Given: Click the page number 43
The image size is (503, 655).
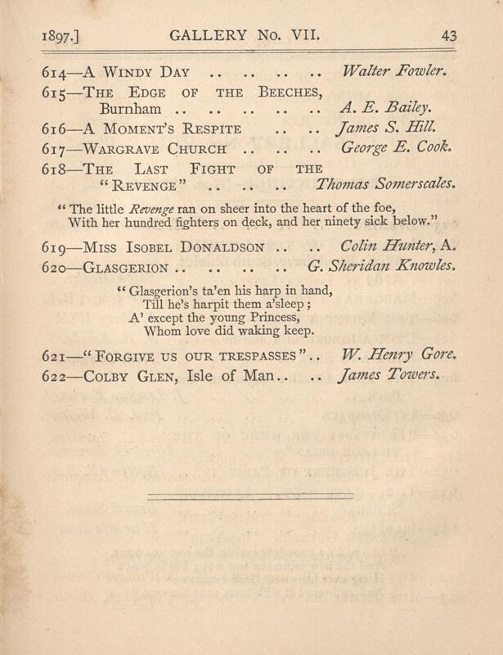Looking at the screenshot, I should (449, 35).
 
